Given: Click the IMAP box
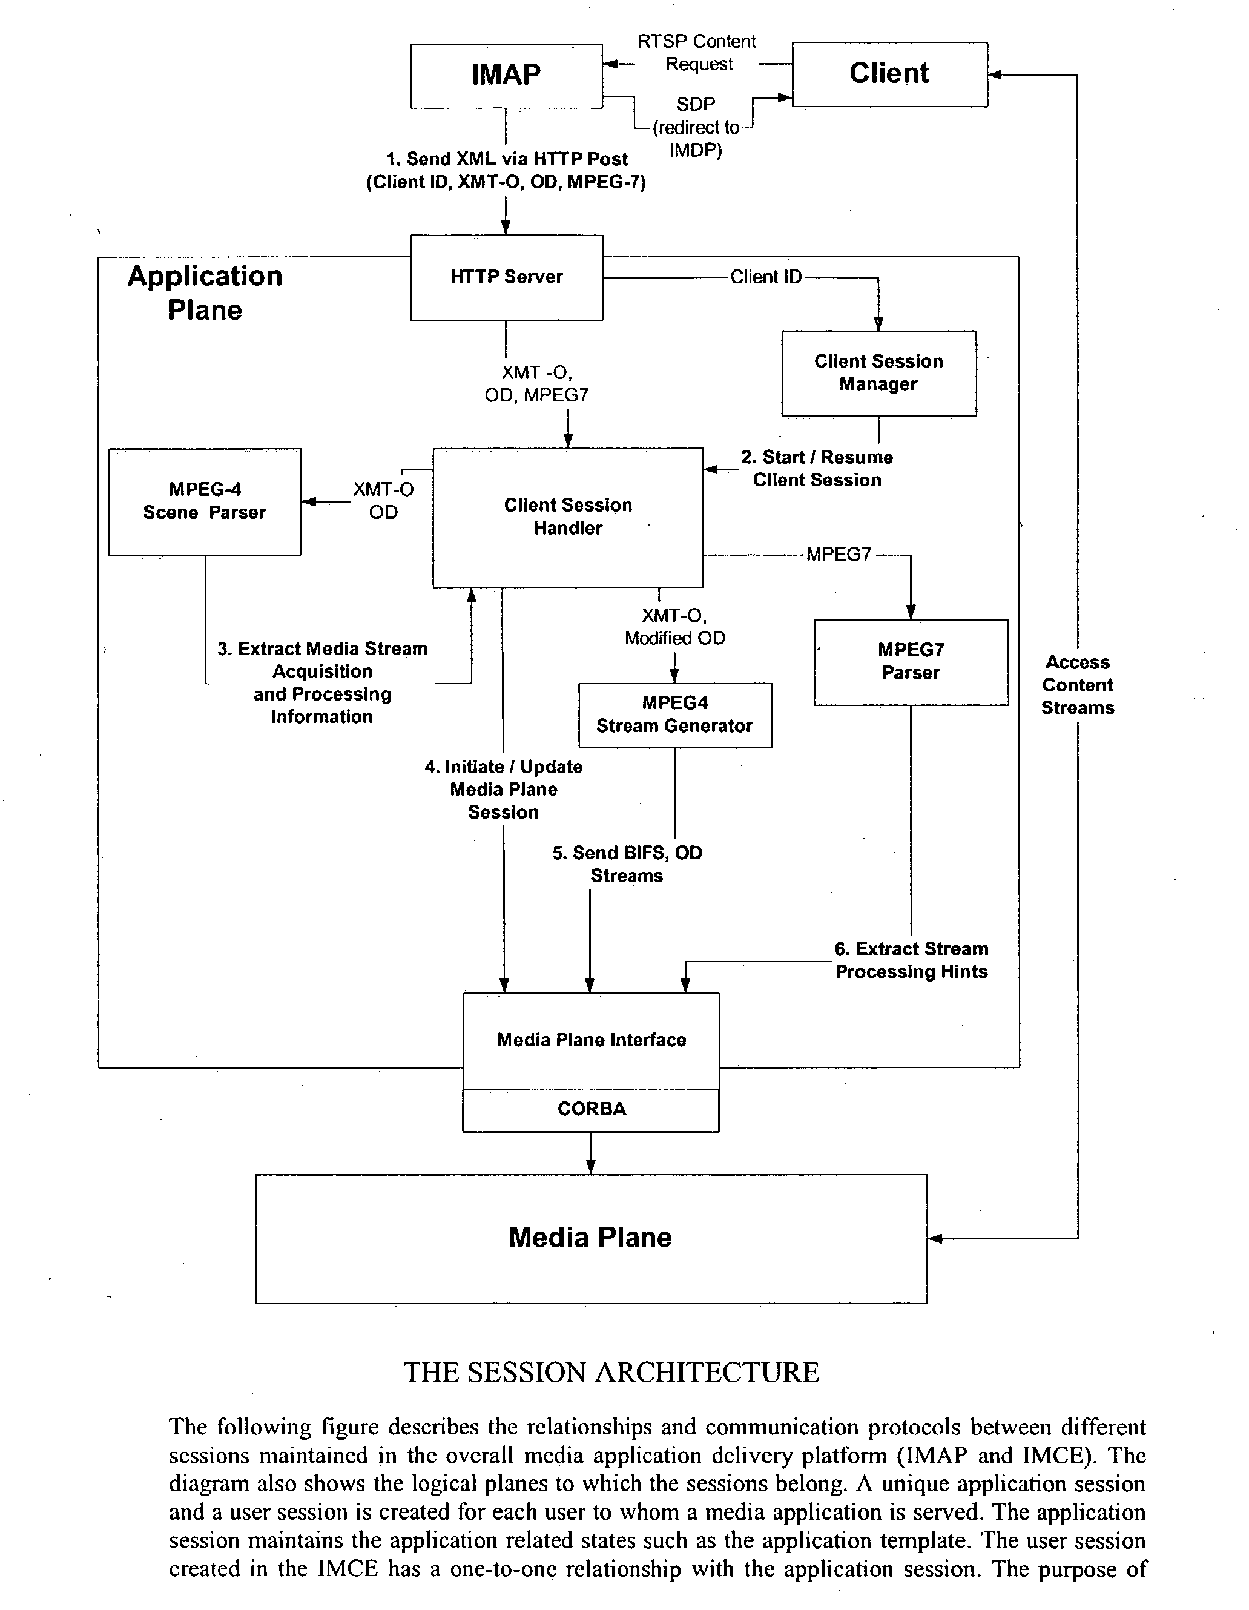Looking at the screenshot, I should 506,75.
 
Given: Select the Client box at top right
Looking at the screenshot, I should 889,74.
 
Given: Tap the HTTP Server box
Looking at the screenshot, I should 507,277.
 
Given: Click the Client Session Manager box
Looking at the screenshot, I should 879,373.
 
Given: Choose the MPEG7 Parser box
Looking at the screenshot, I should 911,661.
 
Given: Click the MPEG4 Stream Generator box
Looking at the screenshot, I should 674,715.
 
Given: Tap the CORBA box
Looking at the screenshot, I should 592,1109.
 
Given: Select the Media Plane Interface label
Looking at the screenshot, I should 592,1040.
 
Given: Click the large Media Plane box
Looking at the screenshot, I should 590,1238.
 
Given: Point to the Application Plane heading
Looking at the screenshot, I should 205,292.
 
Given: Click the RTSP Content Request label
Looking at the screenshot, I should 697,53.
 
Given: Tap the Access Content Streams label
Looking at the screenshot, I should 1077,685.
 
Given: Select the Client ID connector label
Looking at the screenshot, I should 765,277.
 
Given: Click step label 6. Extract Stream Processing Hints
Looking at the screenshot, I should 911,960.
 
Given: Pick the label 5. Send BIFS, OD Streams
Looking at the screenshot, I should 627,864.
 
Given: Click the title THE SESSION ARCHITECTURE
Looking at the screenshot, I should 611,1373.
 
